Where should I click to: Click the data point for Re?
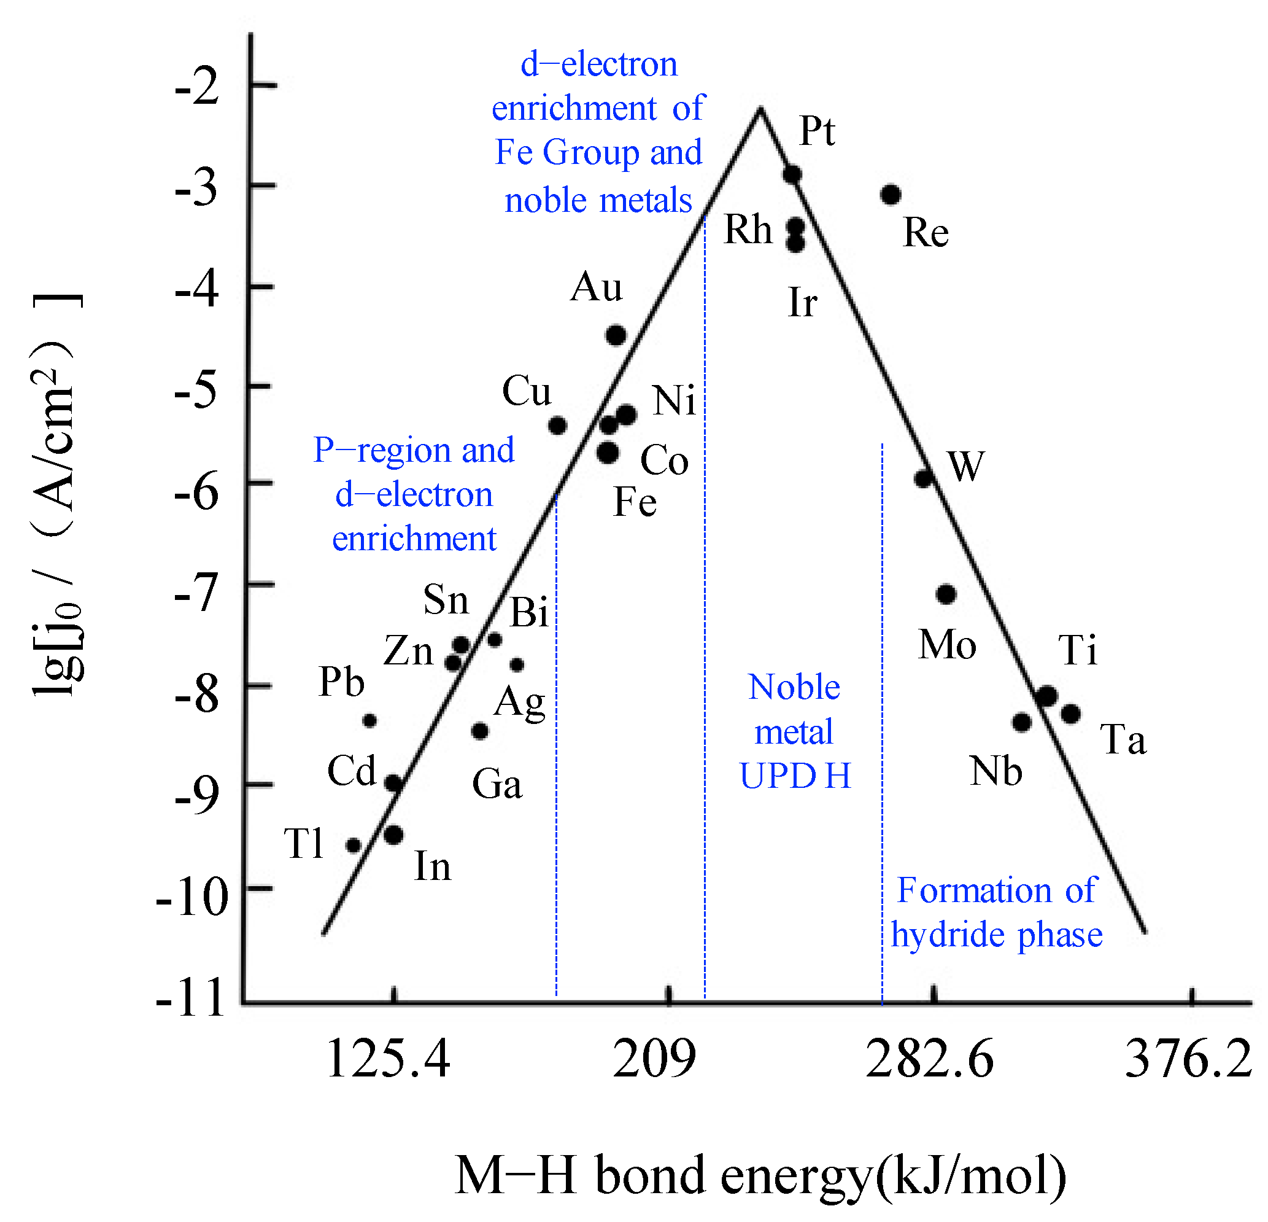891,194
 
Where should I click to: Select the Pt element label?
817,131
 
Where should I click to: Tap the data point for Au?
616,335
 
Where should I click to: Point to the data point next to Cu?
557,425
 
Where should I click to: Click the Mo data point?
946,594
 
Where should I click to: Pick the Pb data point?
369,720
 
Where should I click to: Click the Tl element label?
303,844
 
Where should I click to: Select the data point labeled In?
393,835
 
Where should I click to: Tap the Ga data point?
479,731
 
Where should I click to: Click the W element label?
965,466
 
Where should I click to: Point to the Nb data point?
1021,722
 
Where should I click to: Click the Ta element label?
1123,740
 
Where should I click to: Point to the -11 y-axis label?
190,998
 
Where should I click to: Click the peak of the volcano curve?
760,110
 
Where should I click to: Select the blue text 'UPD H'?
795,776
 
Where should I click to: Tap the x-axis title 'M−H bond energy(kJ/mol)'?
760,1175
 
